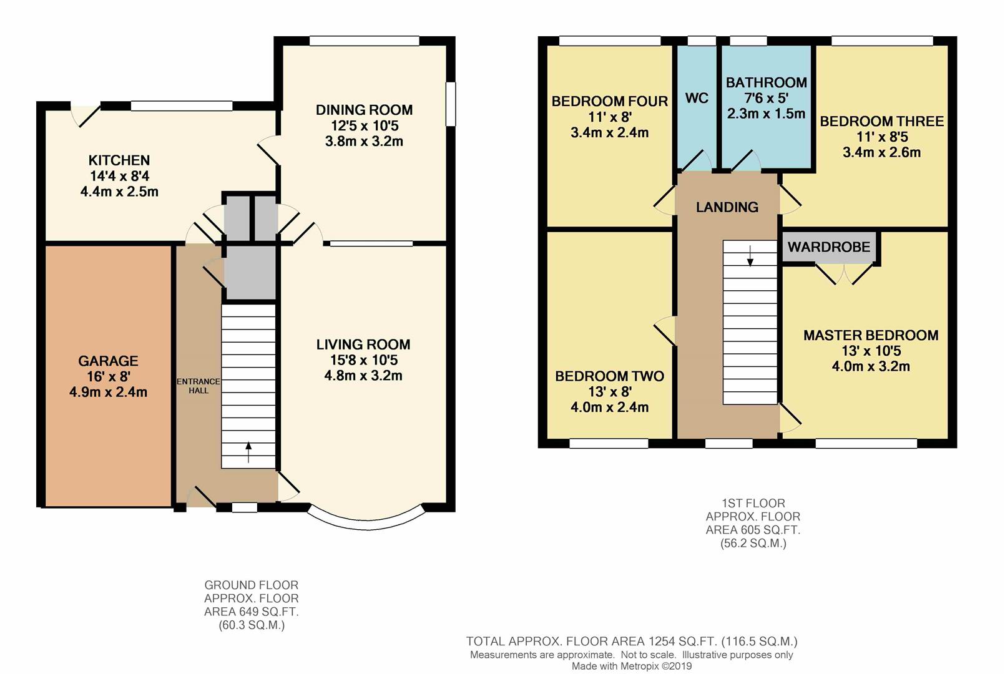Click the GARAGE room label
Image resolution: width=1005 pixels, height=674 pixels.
pyautogui.click(x=108, y=361)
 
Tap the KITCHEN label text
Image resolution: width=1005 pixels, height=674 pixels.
pyautogui.click(x=119, y=160)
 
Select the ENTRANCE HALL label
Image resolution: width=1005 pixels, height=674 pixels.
pyautogui.click(x=199, y=386)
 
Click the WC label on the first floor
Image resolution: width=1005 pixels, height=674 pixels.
pyautogui.click(x=697, y=98)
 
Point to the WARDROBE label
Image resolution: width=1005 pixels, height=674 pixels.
pyautogui.click(x=829, y=247)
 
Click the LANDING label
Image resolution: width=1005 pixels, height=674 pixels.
pyautogui.click(x=727, y=207)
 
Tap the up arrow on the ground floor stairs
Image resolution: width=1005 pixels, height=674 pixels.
pyautogui.click(x=248, y=452)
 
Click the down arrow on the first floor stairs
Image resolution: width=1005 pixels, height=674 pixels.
pyautogui.click(x=750, y=256)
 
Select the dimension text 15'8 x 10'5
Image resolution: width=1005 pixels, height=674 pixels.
pyautogui.click(x=363, y=359)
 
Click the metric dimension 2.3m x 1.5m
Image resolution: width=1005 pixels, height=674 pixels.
pyautogui.click(x=767, y=114)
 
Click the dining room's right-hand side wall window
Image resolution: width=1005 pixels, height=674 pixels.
pyautogui.click(x=451, y=104)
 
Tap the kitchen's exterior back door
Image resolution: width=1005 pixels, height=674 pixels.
pyautogui.click(x=86, y=115)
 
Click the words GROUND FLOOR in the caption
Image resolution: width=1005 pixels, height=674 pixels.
pyautogui.click(x=251, y=585)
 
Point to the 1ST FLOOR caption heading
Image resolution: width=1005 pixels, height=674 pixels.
pyautogui.click(x=753, y=503)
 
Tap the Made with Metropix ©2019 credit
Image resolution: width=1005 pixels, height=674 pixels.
pyautogui.click(x=632, y=667)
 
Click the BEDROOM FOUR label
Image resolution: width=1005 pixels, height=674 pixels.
pyautogui.click(x=610, y=101)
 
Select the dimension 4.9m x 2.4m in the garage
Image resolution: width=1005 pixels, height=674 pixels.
pyautogui.click(x=108, y=392)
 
